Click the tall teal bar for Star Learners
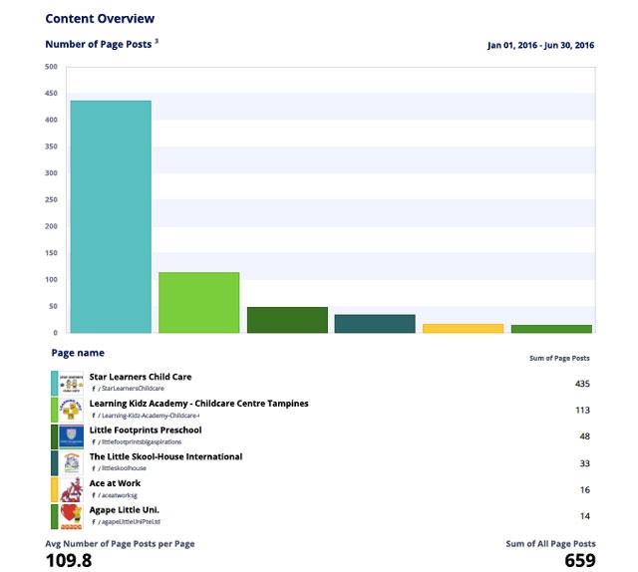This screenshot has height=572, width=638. click(x=111, y=216)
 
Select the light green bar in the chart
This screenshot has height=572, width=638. click(x=198, y=302)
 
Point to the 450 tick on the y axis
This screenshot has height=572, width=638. click(x=51, y=93)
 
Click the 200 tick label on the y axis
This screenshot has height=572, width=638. click(x=51, y=226)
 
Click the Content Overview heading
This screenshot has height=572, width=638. click(x=100, y=18)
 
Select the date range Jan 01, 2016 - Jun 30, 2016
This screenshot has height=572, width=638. click(x=540, y=46)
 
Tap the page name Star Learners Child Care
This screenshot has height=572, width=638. click(x=141, y=377)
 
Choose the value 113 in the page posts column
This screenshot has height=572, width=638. click(x=583, y=410)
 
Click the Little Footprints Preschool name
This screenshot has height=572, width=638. click(x=146, y=430)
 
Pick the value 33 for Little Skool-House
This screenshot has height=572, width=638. click(x=584, y=463)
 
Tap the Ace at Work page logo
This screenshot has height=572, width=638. click(x=70, y=489)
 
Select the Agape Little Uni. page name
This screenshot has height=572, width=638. click(x=125, y=511)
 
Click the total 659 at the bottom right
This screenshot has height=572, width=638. click(x=578, y=560)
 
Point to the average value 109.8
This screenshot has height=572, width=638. click(x=69, y=560)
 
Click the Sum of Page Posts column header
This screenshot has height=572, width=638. click(x=559, y=358)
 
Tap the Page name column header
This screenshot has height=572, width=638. click(x=78, y=353)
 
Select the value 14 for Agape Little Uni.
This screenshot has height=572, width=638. click(x=584, y=516)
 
